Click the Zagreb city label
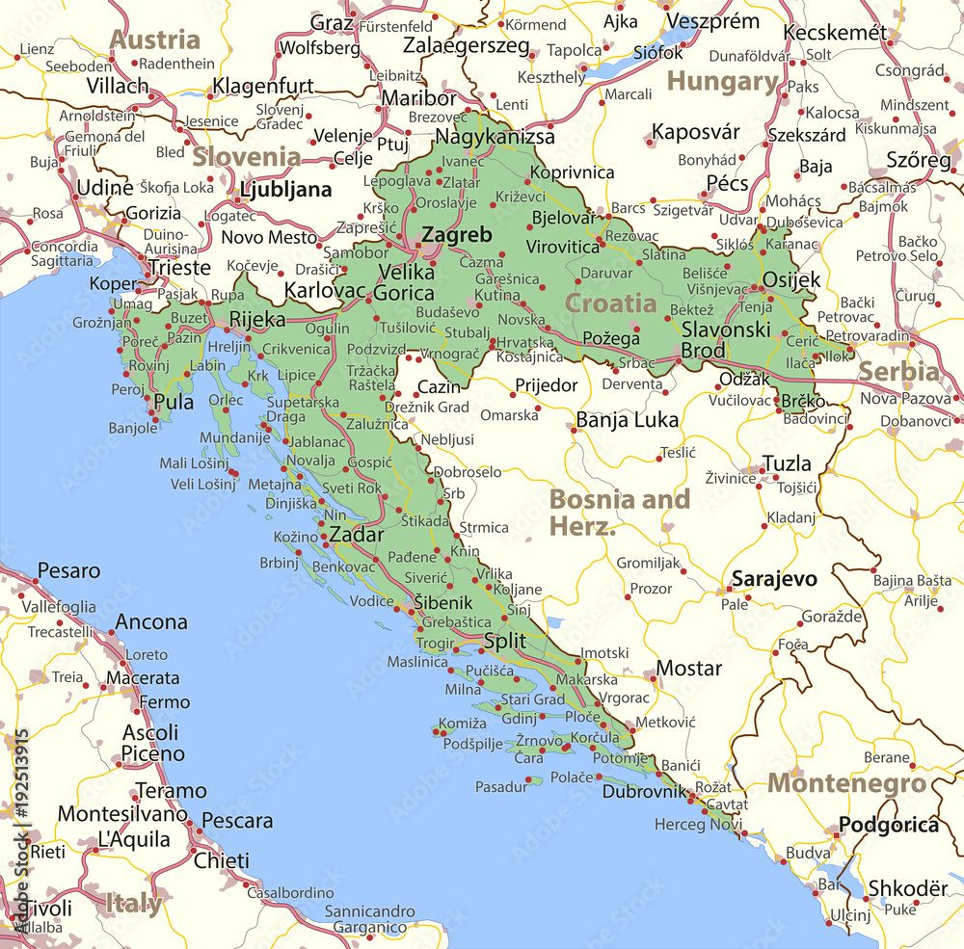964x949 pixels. click(456, 235)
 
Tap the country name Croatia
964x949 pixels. click(610, 303)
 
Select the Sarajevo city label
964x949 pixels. click(774, 579)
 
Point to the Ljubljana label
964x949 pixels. click(286, 190)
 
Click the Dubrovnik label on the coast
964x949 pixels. click(644, 792)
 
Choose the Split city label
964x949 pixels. click(505, 642)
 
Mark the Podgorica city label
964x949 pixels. click(888, 825)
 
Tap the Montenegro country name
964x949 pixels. click(846, 783)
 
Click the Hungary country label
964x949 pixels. click(723, 82)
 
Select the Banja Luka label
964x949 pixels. click(628, 420)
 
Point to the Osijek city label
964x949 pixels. click(791, 280)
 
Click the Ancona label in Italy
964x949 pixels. click(151, 622)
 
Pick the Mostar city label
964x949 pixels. click(689, 669)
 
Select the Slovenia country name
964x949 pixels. click(246, 157)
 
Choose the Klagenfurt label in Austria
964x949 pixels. click(263, 86)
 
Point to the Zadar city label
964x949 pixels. click(357, 536)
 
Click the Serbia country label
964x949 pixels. click(898, 372)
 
